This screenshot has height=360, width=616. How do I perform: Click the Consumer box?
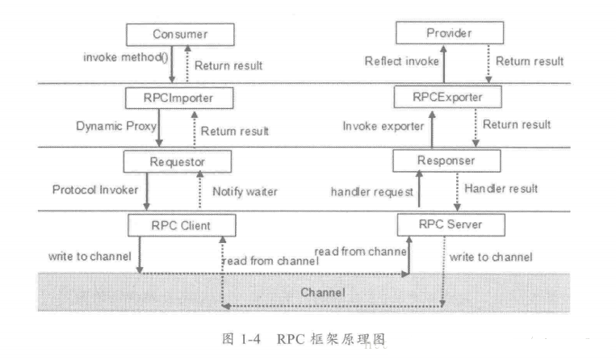click(x=179, y=35)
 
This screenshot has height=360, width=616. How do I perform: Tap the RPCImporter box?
click(x=179, y=97)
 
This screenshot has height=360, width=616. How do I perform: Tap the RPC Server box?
click(x=448, y=222)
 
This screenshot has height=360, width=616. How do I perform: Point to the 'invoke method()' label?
click(x=119, y=58)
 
